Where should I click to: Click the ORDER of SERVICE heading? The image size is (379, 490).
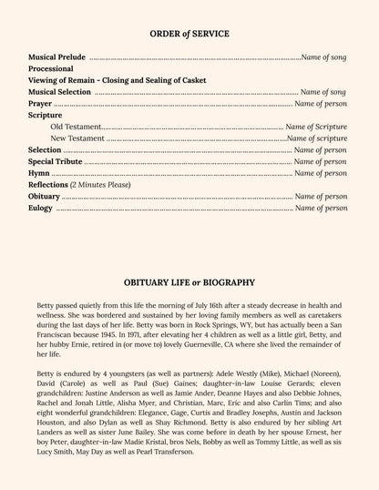189,34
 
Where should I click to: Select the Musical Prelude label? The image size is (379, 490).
56,56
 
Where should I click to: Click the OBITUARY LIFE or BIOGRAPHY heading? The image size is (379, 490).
189,283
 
